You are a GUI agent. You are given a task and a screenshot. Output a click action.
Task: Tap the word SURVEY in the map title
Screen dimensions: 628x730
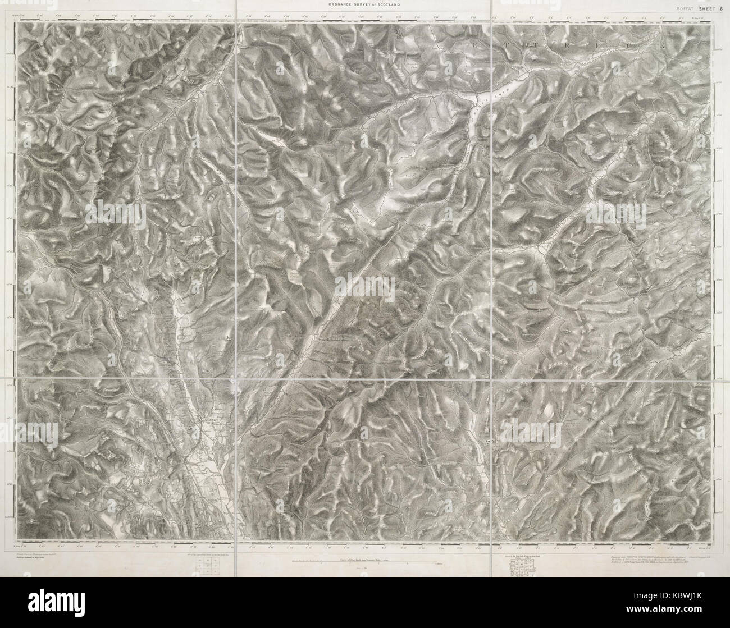[364, 4]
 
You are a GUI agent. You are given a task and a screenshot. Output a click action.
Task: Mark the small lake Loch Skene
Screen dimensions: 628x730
[292, 276]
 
